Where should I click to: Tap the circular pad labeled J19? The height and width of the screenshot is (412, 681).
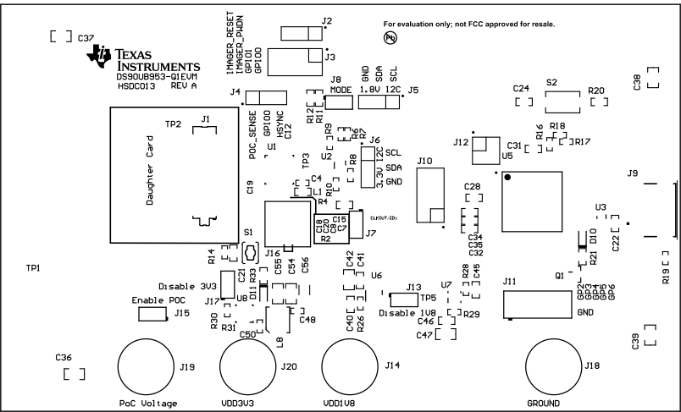click(x=146, y=366)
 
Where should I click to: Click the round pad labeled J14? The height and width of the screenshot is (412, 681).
click(x=350, y=366)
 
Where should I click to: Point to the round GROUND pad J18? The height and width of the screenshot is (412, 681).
click(x=555, y=366)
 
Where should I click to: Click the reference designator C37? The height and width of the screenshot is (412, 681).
click(x=86, y=39)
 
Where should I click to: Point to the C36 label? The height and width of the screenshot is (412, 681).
click(x=63, y=359)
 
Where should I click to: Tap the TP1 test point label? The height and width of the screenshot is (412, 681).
click(x=34, y=267)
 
